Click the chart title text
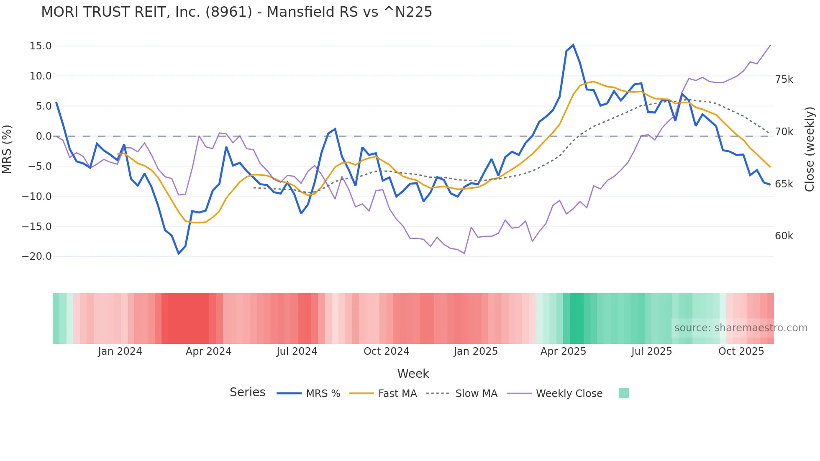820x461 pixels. pyautogui.click(x=236, y=12)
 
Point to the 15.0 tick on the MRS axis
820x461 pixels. pyautogui.click(x=41, y=46)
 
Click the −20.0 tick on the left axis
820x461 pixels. pyautogui.click(x=37, y=256)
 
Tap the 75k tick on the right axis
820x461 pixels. pyautogui.click(x=784, y=79)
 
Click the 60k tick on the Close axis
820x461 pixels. pyautogui.click(x=784, y=236)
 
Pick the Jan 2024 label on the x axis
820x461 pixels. pyautogui.click(x=120, y=351)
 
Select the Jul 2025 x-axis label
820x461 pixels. pyautogui.click(x=651, y=351)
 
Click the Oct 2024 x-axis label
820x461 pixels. pyautogui.click(x=386, y=351)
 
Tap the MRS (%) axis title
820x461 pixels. pyautogui.click(x=7, y=149)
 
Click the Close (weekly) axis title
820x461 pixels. pyautogui.click(x=810, y=149)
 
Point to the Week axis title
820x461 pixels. pyautogui.click(x=413, y=374)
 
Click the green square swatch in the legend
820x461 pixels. pyautogui.click(x=623, y=393)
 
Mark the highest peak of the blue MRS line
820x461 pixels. pyautogui.click(x=573, y=45)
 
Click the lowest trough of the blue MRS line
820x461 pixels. pyautogui.click(x=179, y=254)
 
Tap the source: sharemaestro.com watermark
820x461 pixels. pyautogui.click(x=741, y=328)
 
